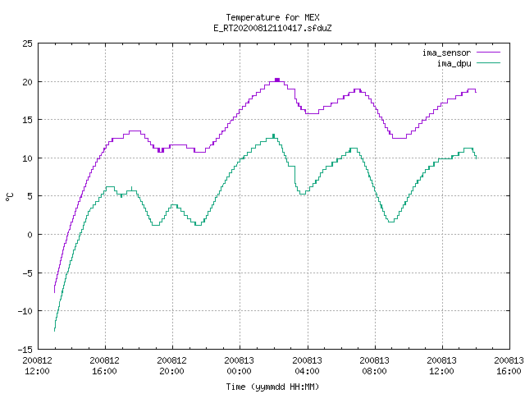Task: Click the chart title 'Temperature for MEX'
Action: (x=272, y=17)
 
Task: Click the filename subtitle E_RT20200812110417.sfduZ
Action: (x=272, y=28)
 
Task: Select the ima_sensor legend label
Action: (x=446, y=53)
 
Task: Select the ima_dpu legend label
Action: (x=454, y=63)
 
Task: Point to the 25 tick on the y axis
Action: (x=27, y=44)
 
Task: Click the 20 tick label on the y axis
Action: (x=27, y=82)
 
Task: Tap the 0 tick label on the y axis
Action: (x=30, y=235)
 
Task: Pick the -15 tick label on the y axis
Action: (x=25, y=350)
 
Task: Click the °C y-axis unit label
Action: (x=9, y=197)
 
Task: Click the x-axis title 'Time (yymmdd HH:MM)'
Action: (x=272, y=387)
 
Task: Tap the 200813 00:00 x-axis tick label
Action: (x=240, y=366)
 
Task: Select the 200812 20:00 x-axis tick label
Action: (x=172, y=366)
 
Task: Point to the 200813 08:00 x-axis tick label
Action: (x=374, y=366)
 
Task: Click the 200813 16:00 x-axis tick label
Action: (x=509, y=366)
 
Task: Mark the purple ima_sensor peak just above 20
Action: (x=277, y=80)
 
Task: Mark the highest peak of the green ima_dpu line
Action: (x=273, y=135)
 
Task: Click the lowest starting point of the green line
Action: (x=55, y=331)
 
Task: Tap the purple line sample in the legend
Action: (x=489, y=53)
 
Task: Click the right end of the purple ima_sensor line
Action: (x=476, y=92)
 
